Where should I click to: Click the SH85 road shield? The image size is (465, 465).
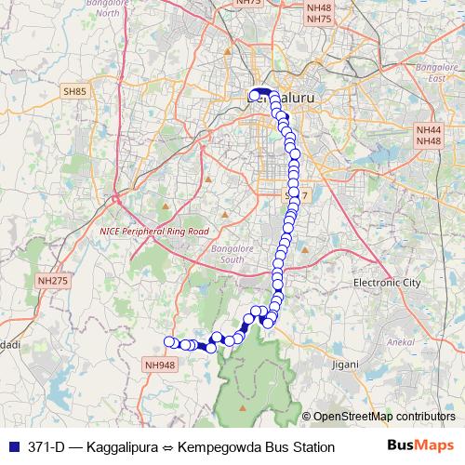point(74,91)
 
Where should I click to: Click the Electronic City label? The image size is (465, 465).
point(388,282)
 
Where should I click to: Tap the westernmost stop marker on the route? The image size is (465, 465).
point(169,341)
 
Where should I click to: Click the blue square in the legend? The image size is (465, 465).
point(12,447)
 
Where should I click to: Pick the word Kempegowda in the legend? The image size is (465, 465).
point(219,447)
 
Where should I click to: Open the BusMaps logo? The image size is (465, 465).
point(421,445)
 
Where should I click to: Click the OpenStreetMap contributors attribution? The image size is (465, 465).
point(384,417)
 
